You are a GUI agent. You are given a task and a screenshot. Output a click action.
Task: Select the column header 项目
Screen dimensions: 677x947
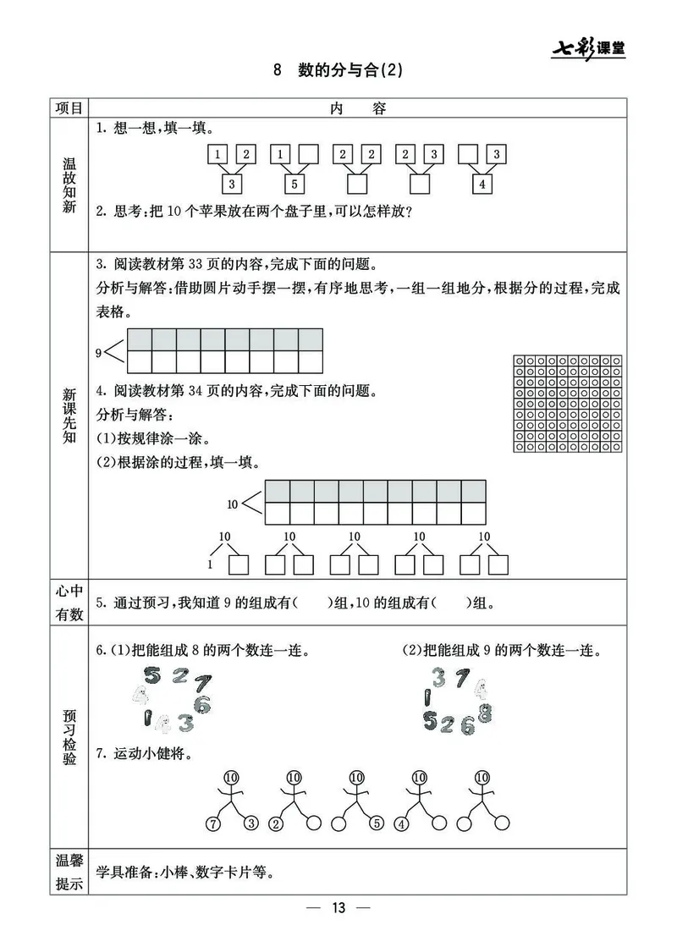click(69, 107)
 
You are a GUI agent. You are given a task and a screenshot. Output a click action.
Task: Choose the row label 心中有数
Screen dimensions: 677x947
click(69, 603)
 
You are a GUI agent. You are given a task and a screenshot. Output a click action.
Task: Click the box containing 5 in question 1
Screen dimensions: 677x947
click(293, 184)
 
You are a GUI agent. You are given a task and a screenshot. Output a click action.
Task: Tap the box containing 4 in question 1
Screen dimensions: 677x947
click(482, 184)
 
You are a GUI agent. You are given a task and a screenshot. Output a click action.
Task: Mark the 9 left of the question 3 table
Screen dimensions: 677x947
click(99, 351)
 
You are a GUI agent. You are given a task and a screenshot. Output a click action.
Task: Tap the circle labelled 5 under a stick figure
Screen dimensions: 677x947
click(375, 823)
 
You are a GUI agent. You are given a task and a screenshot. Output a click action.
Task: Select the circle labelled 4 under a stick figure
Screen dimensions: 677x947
click(401, 823)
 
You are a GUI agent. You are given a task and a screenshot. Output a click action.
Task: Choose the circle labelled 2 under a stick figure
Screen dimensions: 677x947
click(276, 823)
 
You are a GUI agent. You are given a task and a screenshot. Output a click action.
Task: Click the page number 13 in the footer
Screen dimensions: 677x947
click(338, 908)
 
